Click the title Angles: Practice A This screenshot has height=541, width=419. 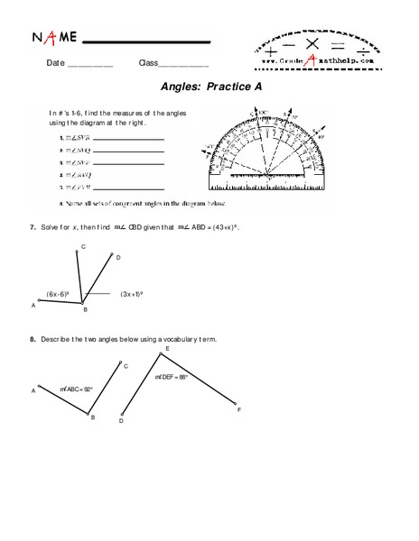click(x=210, y=90)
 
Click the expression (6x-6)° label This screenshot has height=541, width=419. click(x=59, y=294)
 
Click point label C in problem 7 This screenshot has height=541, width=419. click(x=83, y=246)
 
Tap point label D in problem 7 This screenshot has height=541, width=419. click(x=118, y=257)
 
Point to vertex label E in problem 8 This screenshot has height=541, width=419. click(x=168, y=349)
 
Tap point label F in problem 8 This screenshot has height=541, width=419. click(x=239, y=409)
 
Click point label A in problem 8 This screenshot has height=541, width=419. click(x=33, y=390)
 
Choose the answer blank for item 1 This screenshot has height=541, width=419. click(x=127, y=139)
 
